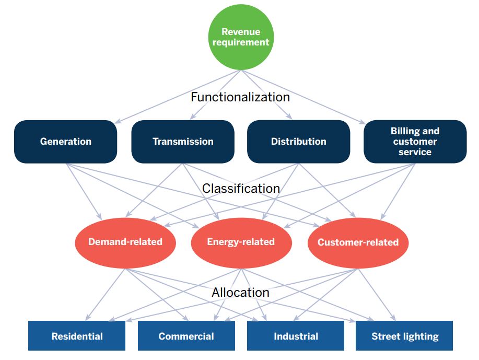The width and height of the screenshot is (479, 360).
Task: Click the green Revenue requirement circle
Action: [x=241, y=37]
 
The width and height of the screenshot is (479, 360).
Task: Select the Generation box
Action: [x=66, y=142]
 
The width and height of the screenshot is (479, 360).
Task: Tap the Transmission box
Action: [x=183, y=142]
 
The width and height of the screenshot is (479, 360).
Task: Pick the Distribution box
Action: [x=298, y=142]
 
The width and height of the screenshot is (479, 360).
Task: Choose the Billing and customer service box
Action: [x=415, y=142]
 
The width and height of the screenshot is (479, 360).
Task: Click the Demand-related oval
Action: [x=125, y=243]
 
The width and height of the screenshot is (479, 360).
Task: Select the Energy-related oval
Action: [x=241, y=243]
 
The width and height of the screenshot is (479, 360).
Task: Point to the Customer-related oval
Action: [x=358, y=243]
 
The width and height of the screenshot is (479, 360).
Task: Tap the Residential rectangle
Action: [x=77, y=335]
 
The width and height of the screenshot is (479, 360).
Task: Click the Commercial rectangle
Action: [x=186, y=335]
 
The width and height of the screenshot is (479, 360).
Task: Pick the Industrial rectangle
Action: [x=296, y=335]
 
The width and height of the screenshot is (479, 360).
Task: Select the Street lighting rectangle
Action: [x=404, y=335]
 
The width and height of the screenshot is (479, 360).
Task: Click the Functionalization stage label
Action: [x=240, y=97]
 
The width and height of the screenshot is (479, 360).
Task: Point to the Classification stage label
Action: [x=241, y=189]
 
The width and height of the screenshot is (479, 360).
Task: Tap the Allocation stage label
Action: [x=241, y=293]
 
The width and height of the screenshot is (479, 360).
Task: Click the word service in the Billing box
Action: [x=415, y=152]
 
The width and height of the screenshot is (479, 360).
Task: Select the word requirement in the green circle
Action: [x=241, y=42]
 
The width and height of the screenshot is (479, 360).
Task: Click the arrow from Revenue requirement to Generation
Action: [x=178, y=97]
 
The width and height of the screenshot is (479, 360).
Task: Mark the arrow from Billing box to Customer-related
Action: [x=398, y=192]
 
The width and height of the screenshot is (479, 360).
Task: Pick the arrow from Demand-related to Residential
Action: [x=105, y=295]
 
